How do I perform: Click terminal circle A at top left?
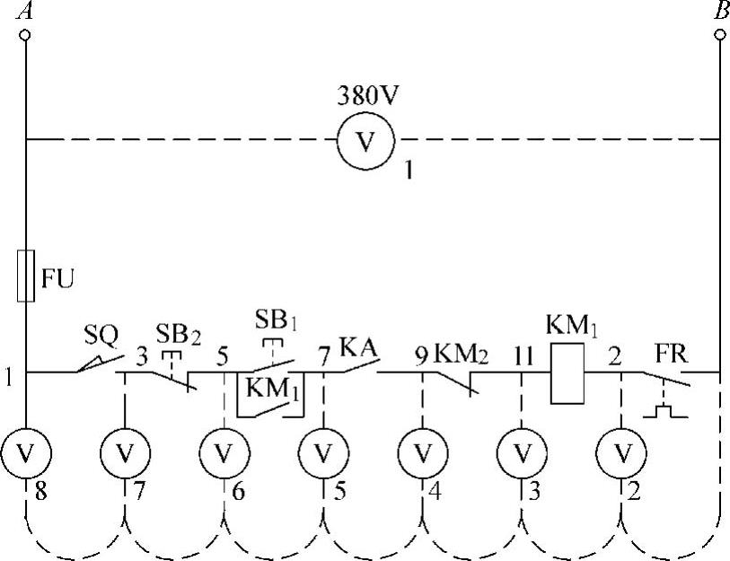(x=25, y=35)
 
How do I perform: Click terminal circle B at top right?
(x=721, y=35)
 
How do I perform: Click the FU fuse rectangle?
(x=25, y=276)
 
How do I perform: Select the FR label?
(x=672, y=350)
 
